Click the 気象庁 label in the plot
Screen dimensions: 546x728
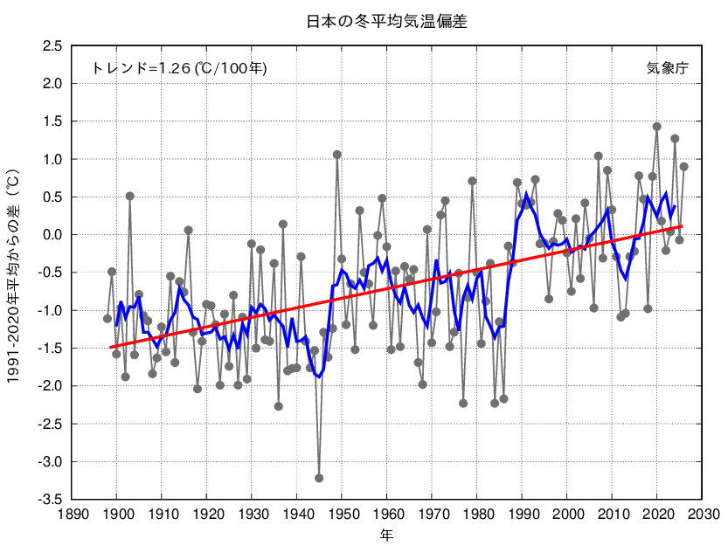(667, 67)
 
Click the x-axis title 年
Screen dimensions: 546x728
(387, 533)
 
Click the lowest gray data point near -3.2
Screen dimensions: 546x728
(319, 478)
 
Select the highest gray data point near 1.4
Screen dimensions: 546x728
(657, 127)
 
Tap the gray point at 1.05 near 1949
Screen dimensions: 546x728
(337, 155)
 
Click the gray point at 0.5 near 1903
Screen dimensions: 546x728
(130, 197)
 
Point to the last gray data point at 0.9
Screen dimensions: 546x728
(684, 167)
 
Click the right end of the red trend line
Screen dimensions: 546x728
(682, 226)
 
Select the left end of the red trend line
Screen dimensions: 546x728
(111, 347)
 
